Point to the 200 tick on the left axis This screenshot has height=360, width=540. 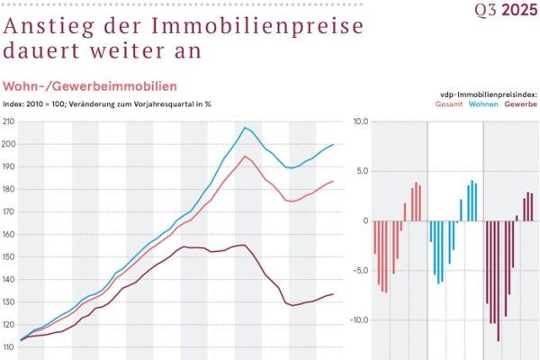click(x=10, y=144)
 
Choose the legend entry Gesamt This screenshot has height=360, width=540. click(x=449, y=104)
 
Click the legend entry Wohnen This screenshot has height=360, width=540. click(x=484, y=104)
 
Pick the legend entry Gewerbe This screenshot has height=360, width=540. click(x=521, y=104)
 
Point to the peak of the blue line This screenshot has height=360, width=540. click(x=244, y=128)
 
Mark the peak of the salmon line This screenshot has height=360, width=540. click(x=244, y=157)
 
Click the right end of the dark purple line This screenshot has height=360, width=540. click(x=333, y=294)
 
